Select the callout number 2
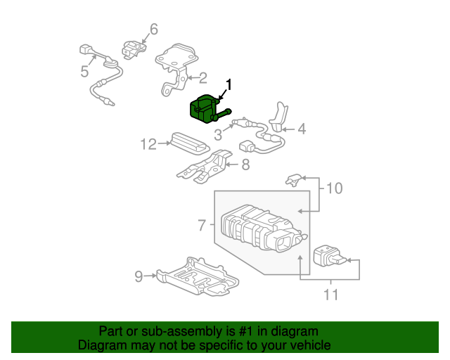tap(202, 78)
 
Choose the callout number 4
tap(302, 129)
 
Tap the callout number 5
tap(84, 71)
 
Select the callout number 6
tap(153, 29)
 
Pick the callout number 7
tap(202, 226)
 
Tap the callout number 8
tap(245, 165)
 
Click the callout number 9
tap(139, 276)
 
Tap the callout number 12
tap(147, 144)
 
